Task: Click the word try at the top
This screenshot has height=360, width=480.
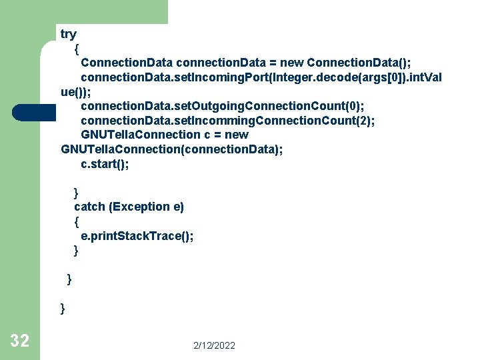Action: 69,34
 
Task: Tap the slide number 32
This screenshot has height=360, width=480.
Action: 20,341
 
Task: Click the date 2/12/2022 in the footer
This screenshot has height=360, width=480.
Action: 214,345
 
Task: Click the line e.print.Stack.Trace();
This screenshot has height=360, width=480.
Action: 137,236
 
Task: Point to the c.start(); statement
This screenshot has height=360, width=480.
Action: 105,164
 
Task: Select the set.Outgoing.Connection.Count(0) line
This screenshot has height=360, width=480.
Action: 222,105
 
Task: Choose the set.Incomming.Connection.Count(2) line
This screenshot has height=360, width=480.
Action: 227,121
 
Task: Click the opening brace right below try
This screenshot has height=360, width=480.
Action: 77,49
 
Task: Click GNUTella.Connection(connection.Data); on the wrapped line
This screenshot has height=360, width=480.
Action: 171,149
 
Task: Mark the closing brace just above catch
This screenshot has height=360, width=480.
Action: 76,193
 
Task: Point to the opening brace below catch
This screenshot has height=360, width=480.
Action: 77,221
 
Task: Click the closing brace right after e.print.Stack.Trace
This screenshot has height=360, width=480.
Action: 76,251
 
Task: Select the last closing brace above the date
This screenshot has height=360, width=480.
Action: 63,308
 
